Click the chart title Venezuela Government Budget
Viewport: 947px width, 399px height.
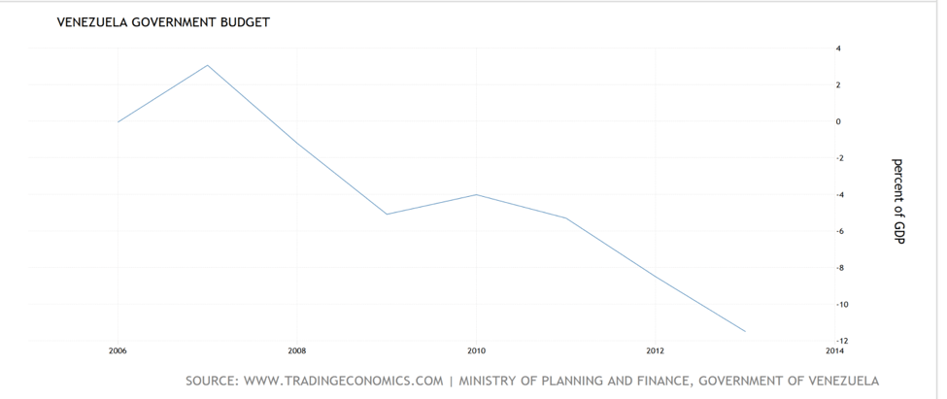163,22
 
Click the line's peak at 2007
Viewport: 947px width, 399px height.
207,65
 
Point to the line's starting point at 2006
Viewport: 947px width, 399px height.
118,122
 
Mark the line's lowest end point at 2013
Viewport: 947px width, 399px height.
745,331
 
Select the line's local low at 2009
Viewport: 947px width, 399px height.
387,214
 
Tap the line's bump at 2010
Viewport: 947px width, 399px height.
476,194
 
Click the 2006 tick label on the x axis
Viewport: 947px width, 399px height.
118,349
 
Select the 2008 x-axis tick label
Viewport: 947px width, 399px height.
297,349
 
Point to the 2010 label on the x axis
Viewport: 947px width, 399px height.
476,349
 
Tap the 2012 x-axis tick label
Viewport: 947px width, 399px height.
656,349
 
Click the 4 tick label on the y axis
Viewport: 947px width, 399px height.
838,49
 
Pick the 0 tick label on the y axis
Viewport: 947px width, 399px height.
838,121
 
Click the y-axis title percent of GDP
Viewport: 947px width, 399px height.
897,201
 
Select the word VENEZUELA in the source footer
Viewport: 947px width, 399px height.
834,381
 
